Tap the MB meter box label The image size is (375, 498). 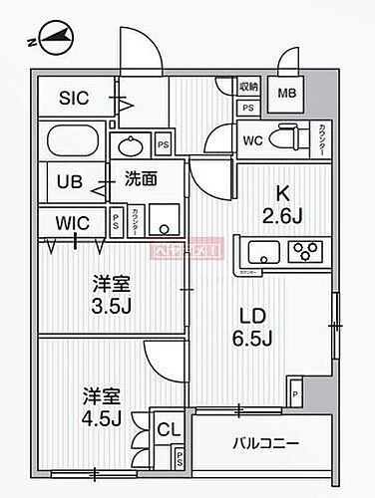[286, 95]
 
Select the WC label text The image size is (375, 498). [252, 139]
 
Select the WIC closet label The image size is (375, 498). [72, 221]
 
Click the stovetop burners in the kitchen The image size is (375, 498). [309, 249]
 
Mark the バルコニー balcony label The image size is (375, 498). [261, 441]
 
